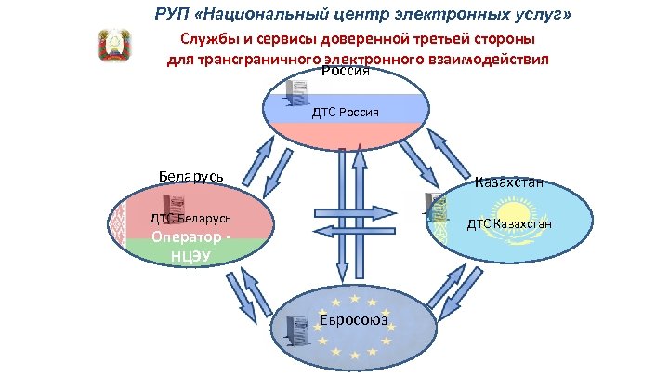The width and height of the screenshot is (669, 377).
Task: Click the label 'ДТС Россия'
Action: coord(345,113)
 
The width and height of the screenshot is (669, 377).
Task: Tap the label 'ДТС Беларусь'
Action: coord(190,220)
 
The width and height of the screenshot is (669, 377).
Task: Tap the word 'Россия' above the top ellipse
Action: coord(346,73)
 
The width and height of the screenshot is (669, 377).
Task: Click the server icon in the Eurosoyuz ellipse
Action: coord(297,330)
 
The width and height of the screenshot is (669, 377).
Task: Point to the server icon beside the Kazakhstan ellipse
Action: coord(431,207)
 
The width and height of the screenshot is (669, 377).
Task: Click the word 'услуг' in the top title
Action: coord(539,16)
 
